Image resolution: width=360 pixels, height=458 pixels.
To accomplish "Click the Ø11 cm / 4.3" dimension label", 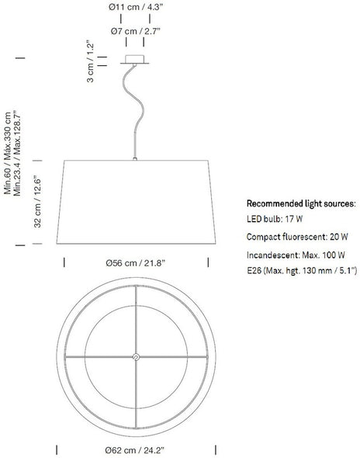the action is pyautogui.click(x=135, y=7).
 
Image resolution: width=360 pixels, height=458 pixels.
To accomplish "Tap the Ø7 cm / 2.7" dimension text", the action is pyautogui.click(x=136, y=31).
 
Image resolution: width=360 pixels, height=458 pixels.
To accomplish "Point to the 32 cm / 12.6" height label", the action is pyautogui.click(x=38, y=202).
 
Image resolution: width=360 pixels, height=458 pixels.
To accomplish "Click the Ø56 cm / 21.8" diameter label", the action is pyautogui.click(x=136, y=263).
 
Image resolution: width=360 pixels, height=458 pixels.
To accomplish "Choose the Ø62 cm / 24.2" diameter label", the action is pyautogui.click(x=135, y=450).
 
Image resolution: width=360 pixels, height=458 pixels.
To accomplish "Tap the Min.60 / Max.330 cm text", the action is pyautogui.click(x=7, y=153).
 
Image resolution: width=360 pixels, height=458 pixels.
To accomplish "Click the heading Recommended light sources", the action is pyautogui.click(x=301, y=203).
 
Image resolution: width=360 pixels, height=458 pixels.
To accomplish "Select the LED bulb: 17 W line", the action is pyautogui.click(x=275, y=219).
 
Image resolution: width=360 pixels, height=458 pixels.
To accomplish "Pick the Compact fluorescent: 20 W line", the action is pyautogui.click(x=297, y=237).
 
